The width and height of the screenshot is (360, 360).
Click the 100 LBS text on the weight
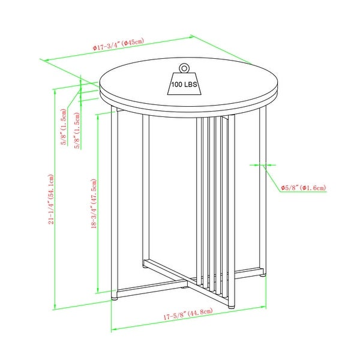coord(184,85)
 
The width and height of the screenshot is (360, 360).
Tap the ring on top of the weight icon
coord(184,68)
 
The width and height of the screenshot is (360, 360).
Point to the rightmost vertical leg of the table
coord(265,192)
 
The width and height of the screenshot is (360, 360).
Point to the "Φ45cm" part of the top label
coord(134,44)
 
